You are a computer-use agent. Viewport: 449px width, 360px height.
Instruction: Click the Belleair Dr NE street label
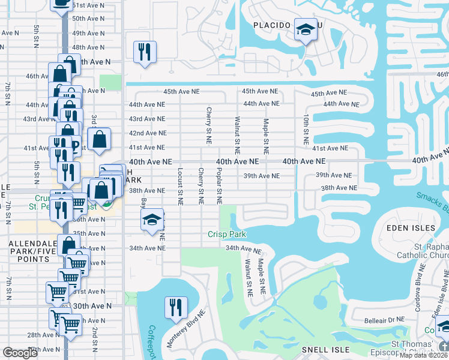point(372,320)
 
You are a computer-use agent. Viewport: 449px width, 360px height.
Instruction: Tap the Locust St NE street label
point(179,187)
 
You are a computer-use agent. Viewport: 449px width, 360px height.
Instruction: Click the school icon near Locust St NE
point(152,220)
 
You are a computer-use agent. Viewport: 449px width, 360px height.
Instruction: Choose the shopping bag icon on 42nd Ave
point(100,139)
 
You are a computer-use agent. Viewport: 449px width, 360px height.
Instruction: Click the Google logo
point(20,353)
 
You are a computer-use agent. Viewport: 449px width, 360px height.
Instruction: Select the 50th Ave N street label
point(88,19)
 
